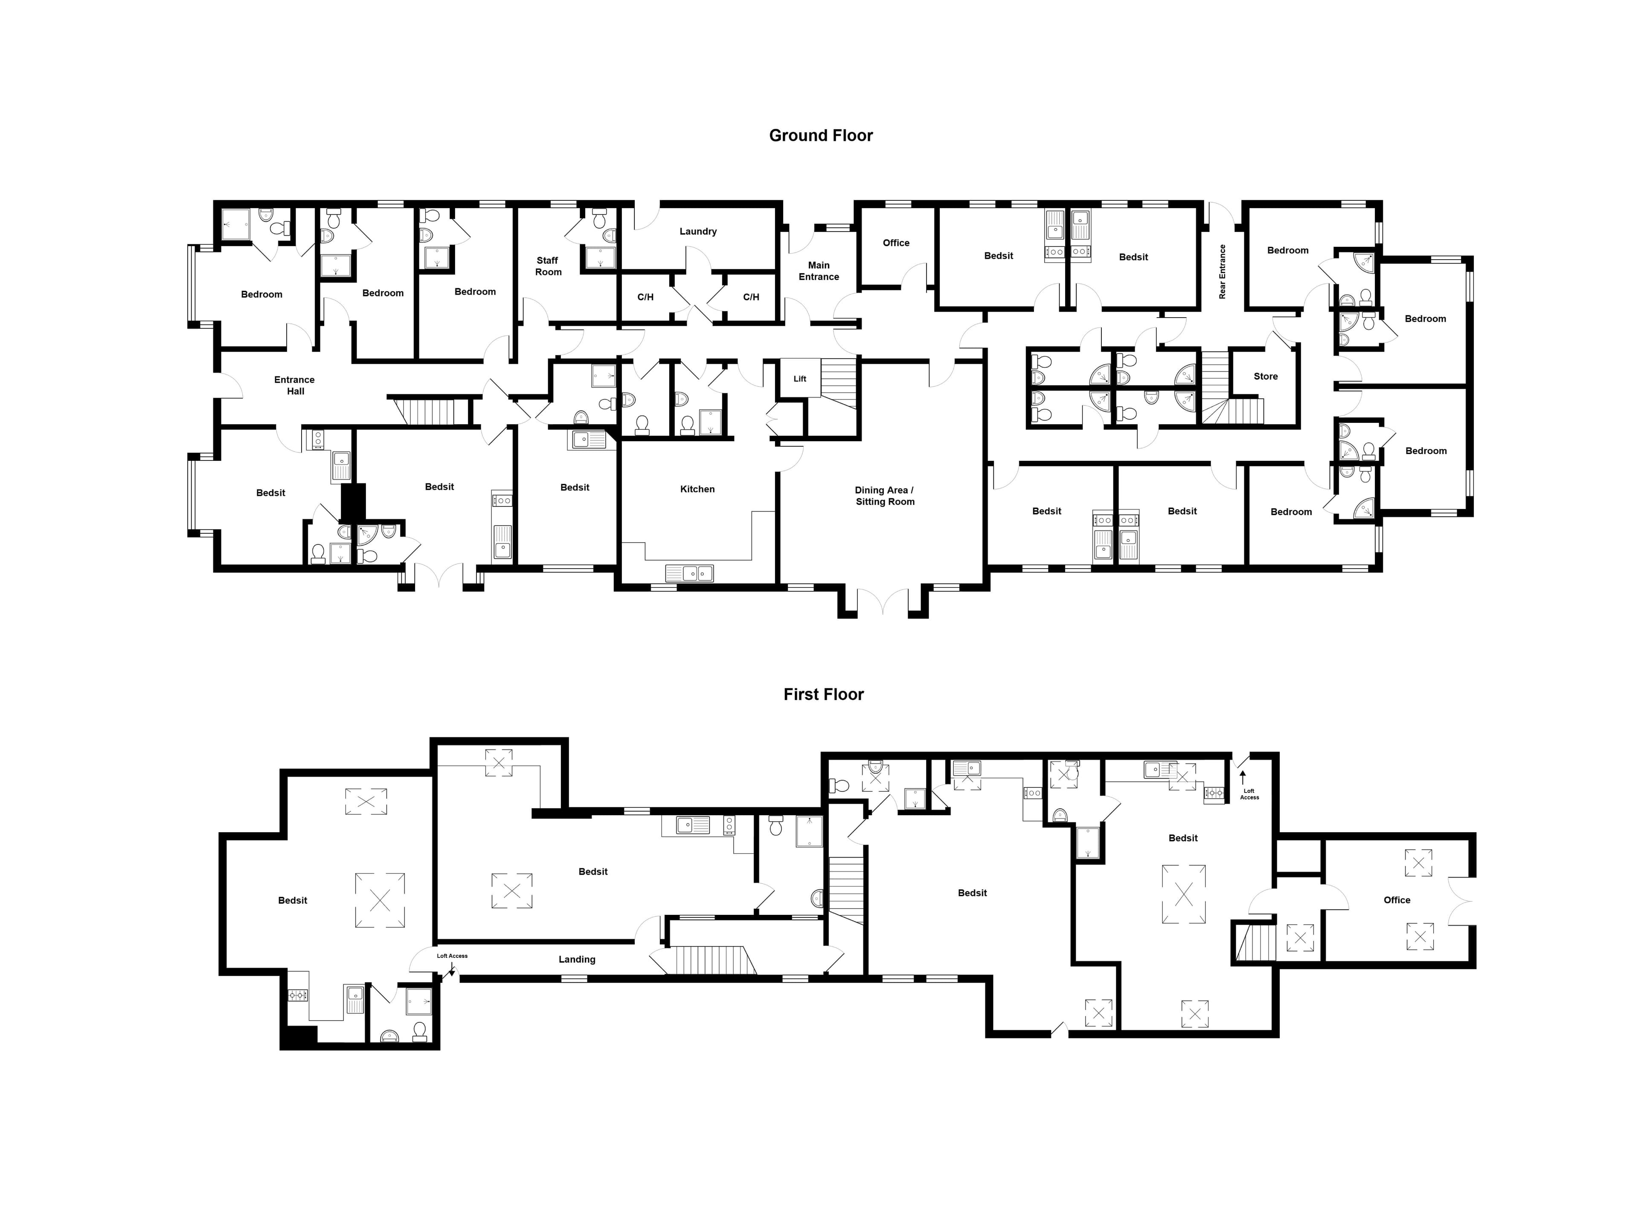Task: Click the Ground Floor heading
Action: pos(820,136)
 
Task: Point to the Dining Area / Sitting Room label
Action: pos(884,496)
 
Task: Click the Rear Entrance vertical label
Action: pos(1223,272)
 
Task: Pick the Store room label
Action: pos(1266,376)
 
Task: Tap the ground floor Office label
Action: pos(896,243)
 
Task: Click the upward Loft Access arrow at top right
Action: pos(1243,778)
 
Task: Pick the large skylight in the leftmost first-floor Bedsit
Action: pos(380,900)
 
